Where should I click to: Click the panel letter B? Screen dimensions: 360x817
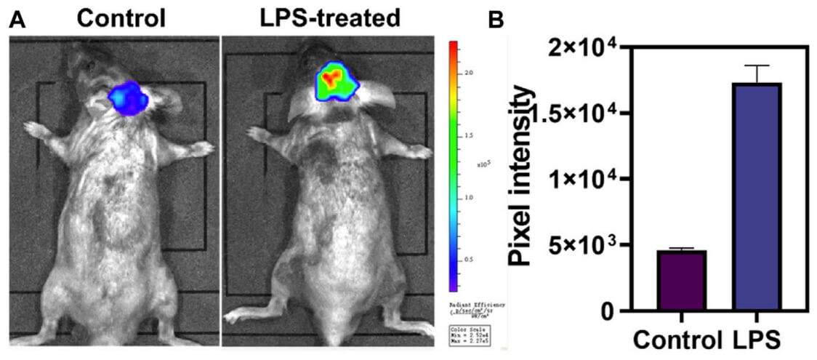pyautogui.click(x=497, y=20)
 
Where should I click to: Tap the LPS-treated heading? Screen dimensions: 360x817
pyautogui.click(x=330, y=17)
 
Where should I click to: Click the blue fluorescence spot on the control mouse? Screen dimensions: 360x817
pyautogui.click(x=128, y=98)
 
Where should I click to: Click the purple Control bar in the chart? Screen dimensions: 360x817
pyautogui.click(x=681, y=281)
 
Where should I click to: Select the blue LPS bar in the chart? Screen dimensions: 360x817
pyautogui.click(x=756, y=196)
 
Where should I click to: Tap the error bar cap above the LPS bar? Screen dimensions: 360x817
pyautogui.click(x=756, y=66)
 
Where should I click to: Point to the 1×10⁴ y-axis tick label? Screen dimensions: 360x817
pyautogui.click(x=582, y=179)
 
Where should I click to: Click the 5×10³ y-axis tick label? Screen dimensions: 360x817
pyautogui.click(x=582, y=245)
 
